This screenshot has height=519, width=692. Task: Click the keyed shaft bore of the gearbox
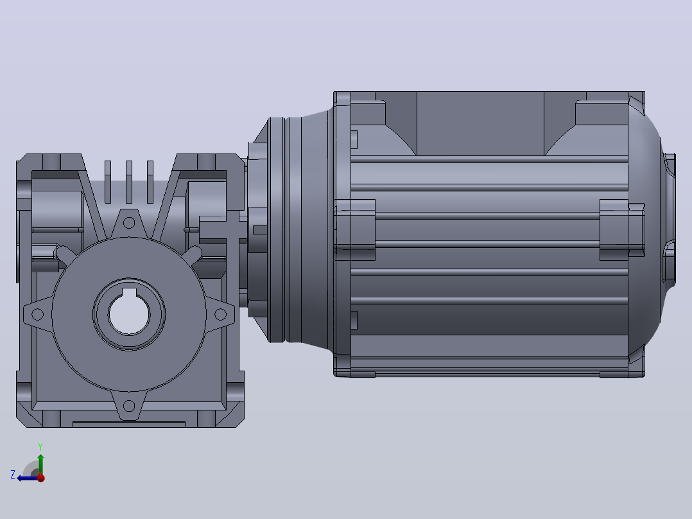(129, 315)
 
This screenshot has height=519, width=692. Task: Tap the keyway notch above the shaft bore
(129, 292)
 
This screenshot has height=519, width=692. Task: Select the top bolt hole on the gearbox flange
(129, 223)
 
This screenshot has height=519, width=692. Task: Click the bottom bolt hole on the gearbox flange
(129, 405)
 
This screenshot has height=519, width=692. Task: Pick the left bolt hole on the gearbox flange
(38, 315)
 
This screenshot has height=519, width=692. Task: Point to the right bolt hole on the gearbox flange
(220, 315)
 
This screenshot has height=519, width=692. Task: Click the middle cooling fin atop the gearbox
(129, 182)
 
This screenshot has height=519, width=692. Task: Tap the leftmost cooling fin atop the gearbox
(108, 182)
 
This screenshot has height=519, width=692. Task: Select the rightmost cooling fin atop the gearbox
(150, 182)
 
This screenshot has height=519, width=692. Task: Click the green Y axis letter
(40, 446)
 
